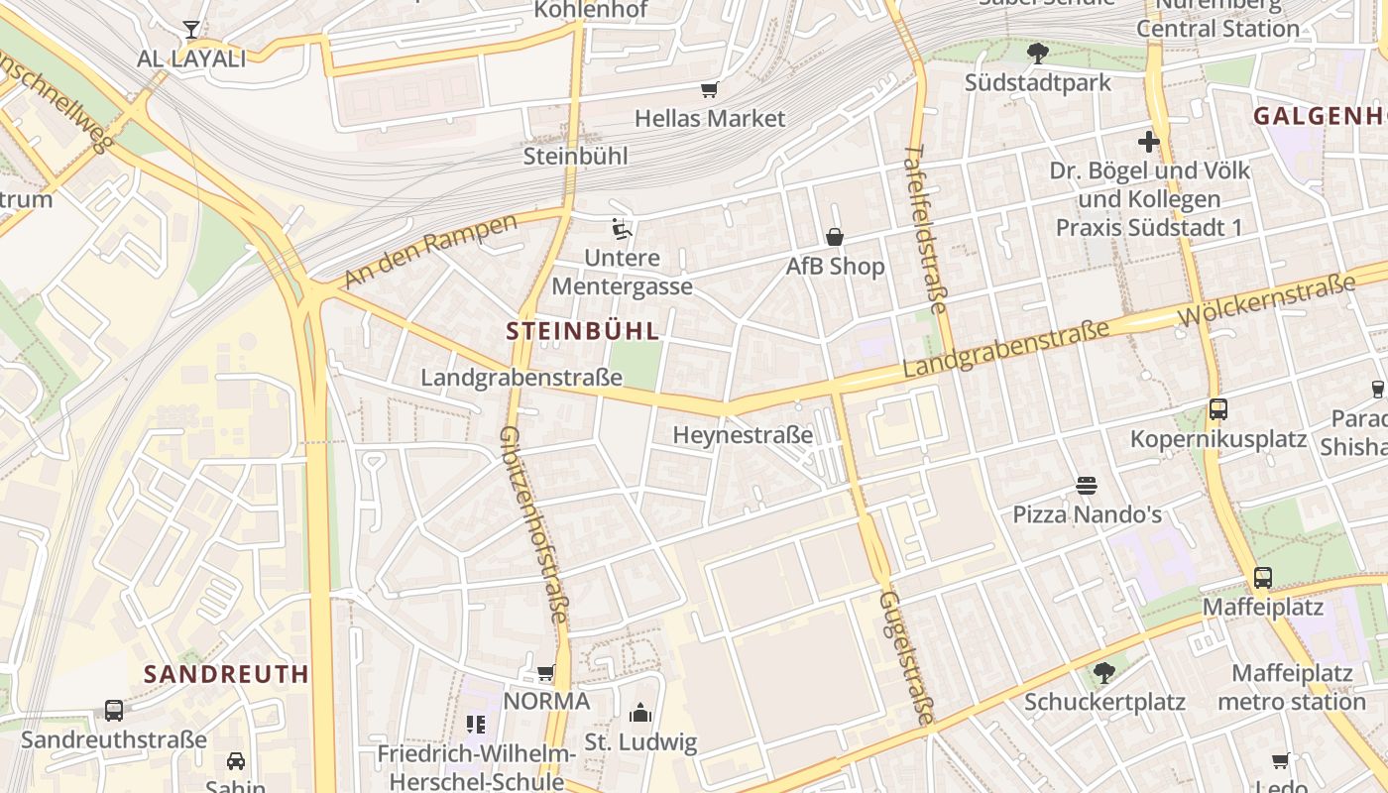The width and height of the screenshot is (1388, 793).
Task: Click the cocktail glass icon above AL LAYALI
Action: (x=191, y=30)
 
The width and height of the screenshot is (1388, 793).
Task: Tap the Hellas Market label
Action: (x=710, y=119)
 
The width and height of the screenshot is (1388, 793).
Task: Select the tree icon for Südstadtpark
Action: (x=1038, y=53)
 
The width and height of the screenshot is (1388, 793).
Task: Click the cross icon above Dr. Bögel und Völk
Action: (x=1149, y=142)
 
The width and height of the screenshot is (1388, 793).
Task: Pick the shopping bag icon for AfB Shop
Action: (x=835, y=237)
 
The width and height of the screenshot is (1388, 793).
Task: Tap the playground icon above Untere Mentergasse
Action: (x=622, y=229)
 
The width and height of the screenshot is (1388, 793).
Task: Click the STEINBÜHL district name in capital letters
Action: (x=583, y=331)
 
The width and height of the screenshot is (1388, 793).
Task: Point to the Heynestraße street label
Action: (x=743, y=435)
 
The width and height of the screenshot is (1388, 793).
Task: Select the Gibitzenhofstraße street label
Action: (x=533, y=525)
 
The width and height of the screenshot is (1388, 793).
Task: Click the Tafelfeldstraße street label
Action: (x=926, y=224)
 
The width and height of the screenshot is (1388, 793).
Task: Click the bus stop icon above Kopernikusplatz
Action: (x=1218, y=408)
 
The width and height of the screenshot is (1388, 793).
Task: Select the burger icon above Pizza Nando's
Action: (x=1087, y=486)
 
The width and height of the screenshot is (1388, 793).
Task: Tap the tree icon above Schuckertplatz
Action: (x=1103, y=673)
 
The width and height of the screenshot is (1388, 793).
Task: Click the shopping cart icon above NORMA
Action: (x=546, y=673)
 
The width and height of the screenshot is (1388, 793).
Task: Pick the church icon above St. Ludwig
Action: (x=640, y=713)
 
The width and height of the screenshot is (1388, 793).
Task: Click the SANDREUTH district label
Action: (x=226, y=674)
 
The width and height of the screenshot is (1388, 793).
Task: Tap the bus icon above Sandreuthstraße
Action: (x=114, y=711)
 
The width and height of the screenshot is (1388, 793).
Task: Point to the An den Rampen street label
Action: (x=431, y=251)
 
